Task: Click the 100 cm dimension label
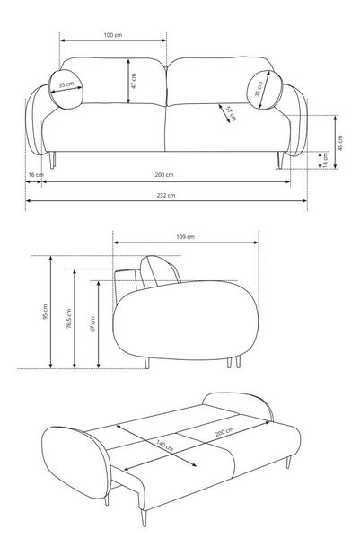coord(113,35)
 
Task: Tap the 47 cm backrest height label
coord(133,81)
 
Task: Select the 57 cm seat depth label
coord(232,113)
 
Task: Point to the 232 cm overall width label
coord(166,195)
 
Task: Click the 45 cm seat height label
coord(340,143)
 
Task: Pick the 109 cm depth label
coord(185,236)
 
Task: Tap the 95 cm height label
coord(45,312)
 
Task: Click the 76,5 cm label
coord(69,318)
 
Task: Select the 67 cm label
coord(92,324)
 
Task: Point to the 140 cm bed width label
coord(165,445)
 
